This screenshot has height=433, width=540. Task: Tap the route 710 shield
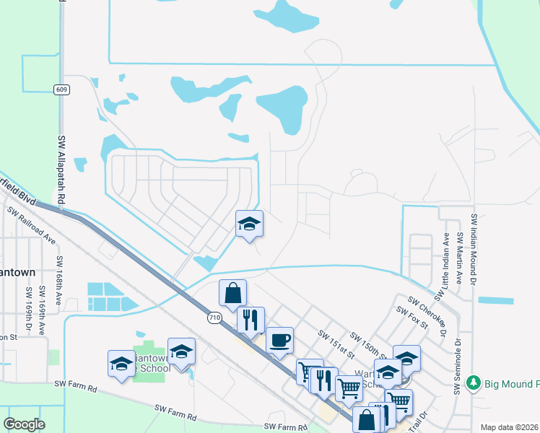point(214,317)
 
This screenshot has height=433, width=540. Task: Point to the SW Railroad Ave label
point(30,227)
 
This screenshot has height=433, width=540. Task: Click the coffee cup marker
point(279,340)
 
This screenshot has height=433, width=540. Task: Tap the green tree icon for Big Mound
point(474,382)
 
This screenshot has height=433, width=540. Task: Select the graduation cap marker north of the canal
point(249,223)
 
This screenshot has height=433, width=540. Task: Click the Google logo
point(24,424)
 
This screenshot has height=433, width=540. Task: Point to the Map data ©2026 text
point(509,427)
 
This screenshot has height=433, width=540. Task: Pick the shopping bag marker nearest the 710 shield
point(232,293)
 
